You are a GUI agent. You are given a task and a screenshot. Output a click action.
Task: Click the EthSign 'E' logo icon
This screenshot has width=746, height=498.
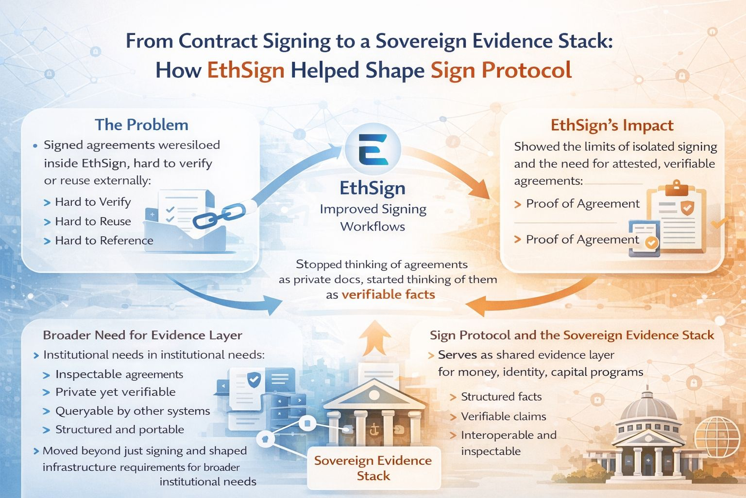click(x=373, y=149)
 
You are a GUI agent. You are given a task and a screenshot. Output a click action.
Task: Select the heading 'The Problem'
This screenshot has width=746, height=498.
click(x=141, y=124)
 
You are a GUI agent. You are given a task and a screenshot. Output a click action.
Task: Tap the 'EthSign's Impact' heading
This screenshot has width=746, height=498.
click(x=611, y=125)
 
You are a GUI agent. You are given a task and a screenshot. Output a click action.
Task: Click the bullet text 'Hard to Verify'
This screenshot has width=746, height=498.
click(x=93, y=202)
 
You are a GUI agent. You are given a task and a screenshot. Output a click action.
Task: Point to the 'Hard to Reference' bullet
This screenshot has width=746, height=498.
click(x=104, y=240)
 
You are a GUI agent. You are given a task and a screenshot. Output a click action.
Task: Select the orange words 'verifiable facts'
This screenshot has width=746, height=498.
click(x=388, y=294)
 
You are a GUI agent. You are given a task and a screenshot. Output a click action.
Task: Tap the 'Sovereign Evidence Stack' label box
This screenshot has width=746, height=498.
click(x=373, y=468)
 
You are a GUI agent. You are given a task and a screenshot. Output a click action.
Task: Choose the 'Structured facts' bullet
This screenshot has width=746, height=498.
click(x=501, y=396)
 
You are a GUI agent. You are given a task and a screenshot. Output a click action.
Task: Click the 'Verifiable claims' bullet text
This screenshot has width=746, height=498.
click(x=504, y=416)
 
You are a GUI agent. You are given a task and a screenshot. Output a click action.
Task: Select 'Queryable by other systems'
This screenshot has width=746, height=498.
click(x=133, y=411)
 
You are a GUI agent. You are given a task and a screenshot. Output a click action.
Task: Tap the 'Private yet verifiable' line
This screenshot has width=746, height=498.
click(x=116, y=392)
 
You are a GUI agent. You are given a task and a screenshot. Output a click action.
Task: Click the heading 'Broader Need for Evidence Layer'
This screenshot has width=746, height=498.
click(x=142, y=335)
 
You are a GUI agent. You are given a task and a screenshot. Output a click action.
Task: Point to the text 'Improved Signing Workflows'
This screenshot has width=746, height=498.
click(x=373, y=217)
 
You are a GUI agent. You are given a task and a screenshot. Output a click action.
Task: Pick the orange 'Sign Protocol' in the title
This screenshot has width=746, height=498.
click(x=501, y=71)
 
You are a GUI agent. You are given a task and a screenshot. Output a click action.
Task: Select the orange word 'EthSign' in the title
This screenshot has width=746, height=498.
click(x=246, y=71)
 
